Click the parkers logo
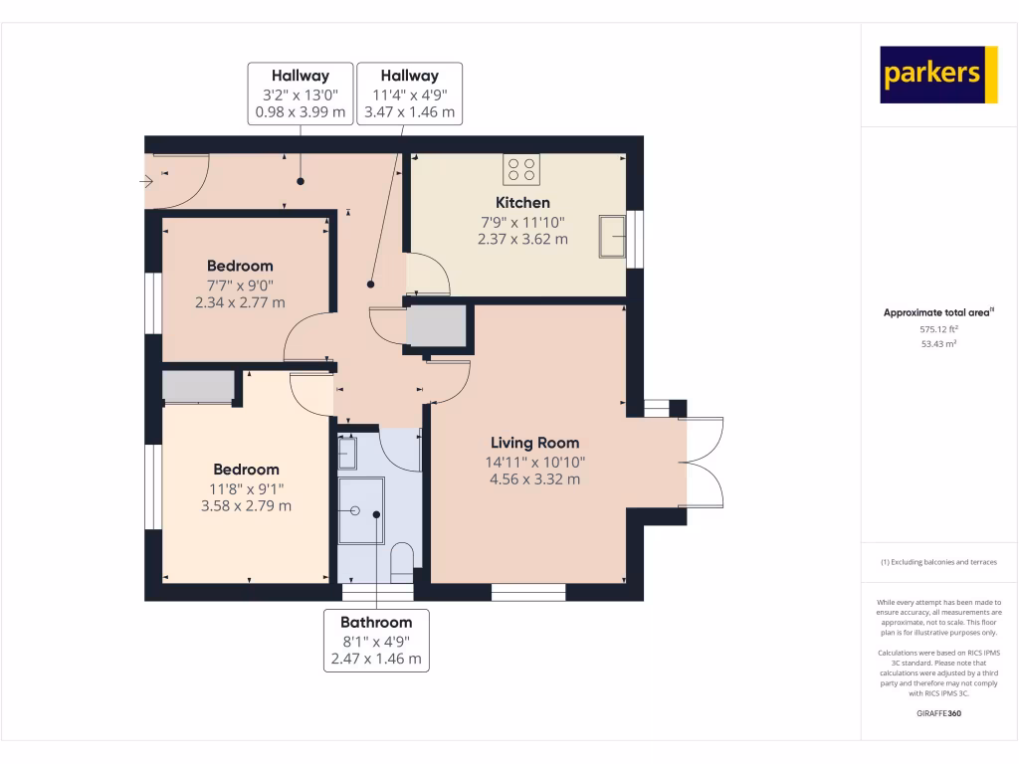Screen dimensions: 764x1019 click(938, 75)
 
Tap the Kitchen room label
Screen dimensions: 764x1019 click(522, 203)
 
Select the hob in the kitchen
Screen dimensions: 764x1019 click(520, 170)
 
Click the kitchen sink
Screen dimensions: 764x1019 click(611, 236)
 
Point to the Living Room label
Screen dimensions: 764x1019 click(534, 443)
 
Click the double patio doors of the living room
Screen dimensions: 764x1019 click(702, 462)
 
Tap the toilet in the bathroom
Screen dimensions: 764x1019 click(402, 562)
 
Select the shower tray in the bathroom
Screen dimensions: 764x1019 click(360, 510)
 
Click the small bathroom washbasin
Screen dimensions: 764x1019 click(347, 454)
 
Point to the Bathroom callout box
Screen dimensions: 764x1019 click(377, 640)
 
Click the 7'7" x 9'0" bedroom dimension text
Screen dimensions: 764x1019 click(240, 285)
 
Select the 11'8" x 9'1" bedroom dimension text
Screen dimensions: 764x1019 click(246, 488)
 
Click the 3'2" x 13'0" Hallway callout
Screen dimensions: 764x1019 click(301, 94)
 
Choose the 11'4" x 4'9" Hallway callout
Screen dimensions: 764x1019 click(409, 94)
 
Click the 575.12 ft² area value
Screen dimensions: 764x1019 click(939, 328)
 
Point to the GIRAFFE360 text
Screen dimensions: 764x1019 click(939, 713)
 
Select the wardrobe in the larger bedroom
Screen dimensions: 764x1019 click(198, 386)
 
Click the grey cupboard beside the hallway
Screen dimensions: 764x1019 click(437, 326)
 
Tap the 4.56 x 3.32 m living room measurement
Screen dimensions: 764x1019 click(534, 479)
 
